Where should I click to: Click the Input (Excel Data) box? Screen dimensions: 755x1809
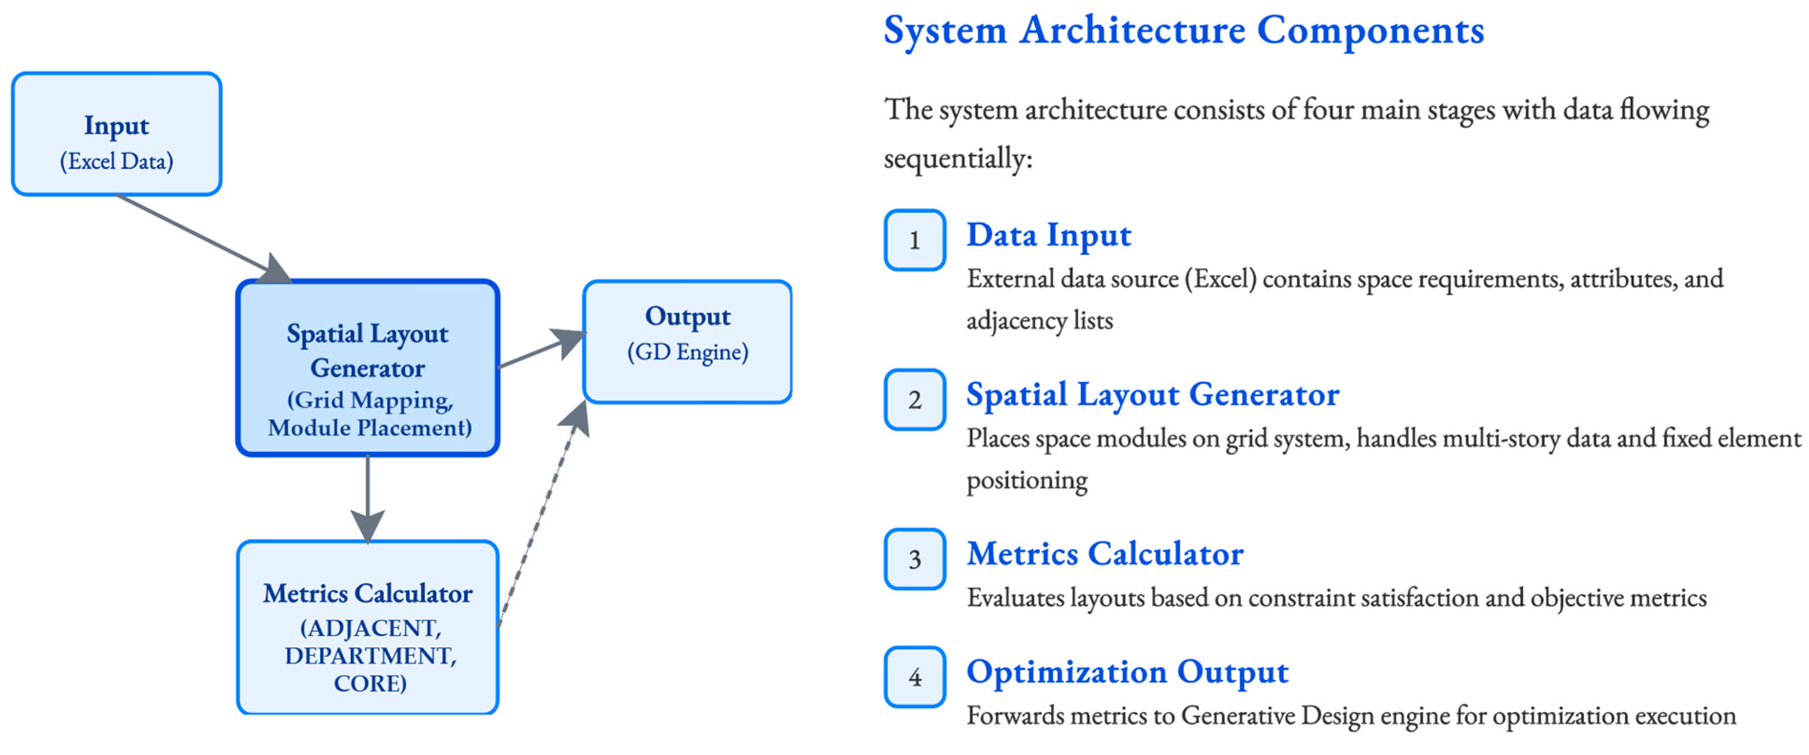pos(117,134)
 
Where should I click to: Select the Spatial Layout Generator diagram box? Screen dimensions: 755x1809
pos(368,368)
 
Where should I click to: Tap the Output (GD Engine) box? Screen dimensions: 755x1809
pos(687,342)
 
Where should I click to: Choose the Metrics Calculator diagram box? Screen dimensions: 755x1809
pos(368,627)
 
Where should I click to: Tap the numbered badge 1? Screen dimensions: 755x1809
pos(914,240)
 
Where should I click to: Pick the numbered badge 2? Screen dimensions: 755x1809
pos(914,399)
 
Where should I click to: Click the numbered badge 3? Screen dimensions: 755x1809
pos(914,559)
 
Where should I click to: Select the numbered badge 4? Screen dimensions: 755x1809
pos(914,677)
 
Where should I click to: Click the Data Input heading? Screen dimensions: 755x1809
pos(1049,235)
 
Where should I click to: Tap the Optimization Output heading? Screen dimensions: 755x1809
pos(1127,672)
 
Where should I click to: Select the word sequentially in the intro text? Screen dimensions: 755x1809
pos(957,159)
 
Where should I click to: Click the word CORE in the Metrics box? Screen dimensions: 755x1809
pos(369,684)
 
